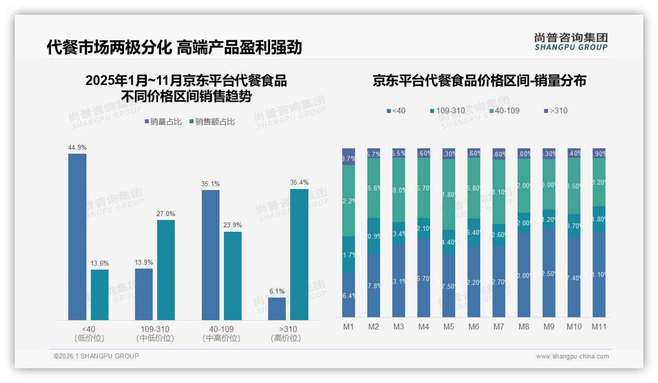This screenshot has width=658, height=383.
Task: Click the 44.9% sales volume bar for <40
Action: tap(77, 237)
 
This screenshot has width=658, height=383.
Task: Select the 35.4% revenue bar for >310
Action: tap(299, 254)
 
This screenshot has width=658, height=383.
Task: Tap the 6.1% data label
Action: tap(277, 291)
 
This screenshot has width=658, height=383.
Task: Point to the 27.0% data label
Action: tap(166, 214)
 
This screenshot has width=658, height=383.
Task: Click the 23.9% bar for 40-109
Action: tap(233, 276)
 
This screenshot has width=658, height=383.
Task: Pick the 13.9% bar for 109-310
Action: tap(144, 294)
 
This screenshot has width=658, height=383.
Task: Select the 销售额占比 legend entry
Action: tap(212, 122)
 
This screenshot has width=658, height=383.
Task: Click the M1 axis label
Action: tap(348, 327)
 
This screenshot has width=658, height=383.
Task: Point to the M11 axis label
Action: tap(599, 327)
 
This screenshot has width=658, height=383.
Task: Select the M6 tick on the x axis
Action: tap(473, 327)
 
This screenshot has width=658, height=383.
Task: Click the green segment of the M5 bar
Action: tap(448, 194)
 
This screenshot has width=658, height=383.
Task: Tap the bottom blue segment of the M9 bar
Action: tap(548, 273)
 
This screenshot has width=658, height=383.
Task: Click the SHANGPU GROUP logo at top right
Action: tap(571, 42)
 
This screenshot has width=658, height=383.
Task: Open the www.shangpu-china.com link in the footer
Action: tap(572, 356)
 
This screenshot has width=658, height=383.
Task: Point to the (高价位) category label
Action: tap(286, 338)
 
